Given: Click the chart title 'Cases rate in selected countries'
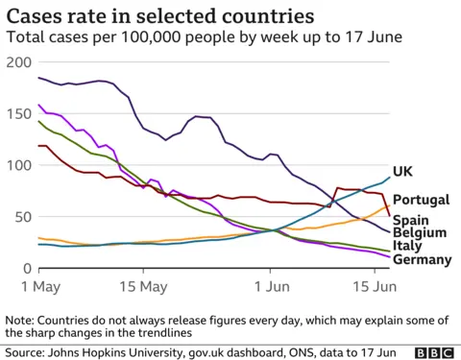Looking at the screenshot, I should (159, 16).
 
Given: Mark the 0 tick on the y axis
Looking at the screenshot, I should (26, 269).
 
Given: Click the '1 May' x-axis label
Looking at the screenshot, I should (37, 287).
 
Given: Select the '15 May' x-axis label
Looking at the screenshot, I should (142, 287).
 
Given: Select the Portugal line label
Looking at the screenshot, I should (422, 200).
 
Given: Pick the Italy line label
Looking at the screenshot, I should (408, 246).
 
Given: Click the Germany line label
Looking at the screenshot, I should (424, 259).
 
